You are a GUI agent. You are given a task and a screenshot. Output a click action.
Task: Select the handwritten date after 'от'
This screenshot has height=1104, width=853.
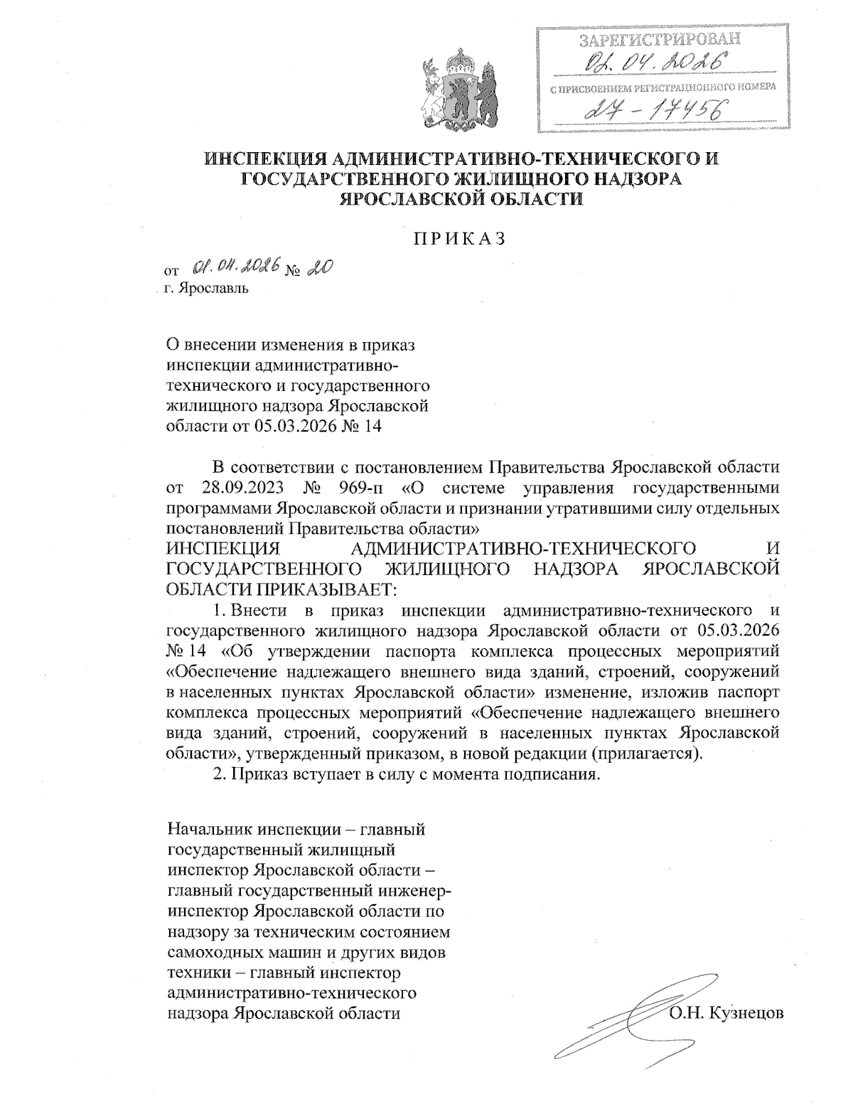(x=237, y=267)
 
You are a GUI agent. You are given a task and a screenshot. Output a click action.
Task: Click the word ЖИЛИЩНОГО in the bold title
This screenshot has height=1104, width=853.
(x=487, y=178)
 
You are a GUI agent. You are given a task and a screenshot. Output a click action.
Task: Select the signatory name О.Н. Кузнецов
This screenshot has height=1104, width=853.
(x=726, y=1012)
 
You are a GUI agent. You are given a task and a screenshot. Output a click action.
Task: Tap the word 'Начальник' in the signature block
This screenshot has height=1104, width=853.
(x=205, y=829)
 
